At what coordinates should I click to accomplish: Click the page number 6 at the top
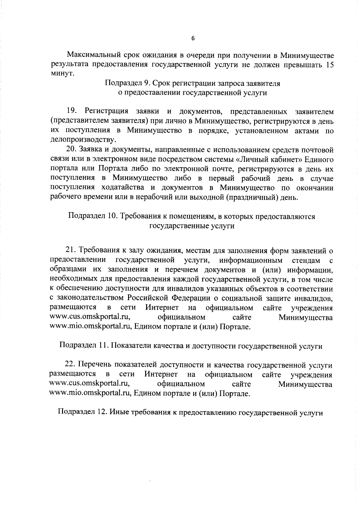pyautogui.click(x=193, y=38)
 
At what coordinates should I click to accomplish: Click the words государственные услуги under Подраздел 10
pyautogui.click(x=192, y=226)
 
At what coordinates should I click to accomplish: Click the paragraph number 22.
pyautogui.click(x=71, y=365)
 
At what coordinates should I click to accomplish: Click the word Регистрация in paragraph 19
pyautogui.click(x=106, y=111)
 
